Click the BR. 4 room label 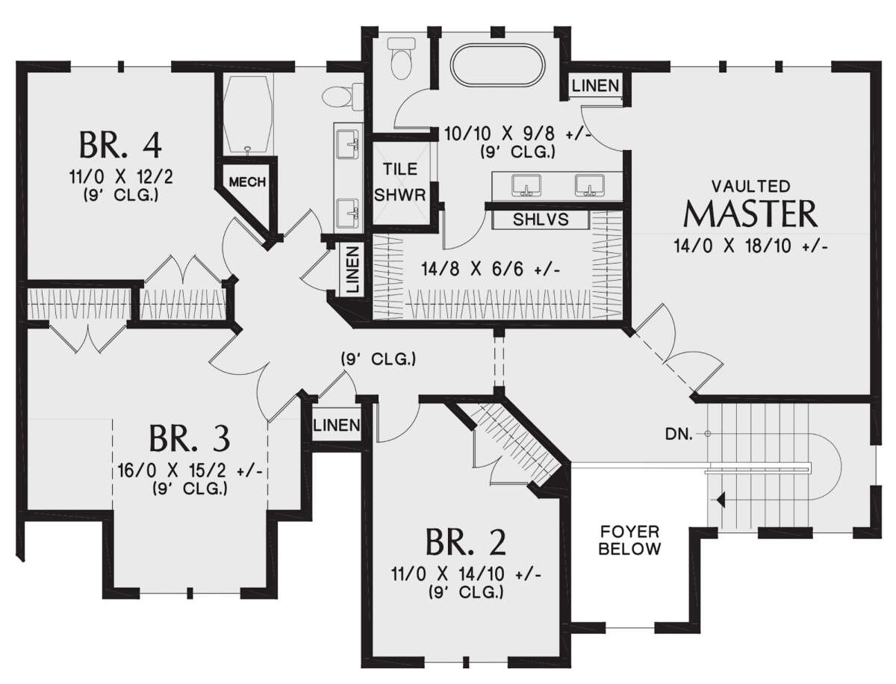pyautogui.click(x=119, y=144)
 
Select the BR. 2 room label pyautogui.click(x=465, y=543)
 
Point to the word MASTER pyautogui.click(x=750, y=214)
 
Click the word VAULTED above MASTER pyautogui.click(x=750, y=184)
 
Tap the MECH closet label pyautogui.click(x=247, y=181)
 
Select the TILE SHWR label pyautogui.click(x=399, y=182)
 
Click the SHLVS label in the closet pyautogui.click(x=541, y=220)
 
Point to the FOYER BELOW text pyautogui.click(x=631, y=541)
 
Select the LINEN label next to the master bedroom pyautogui.click(x=595, y=86)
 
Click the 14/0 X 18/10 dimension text pyautogui.click(x=750, y=246)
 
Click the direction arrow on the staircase pyautogui.click(x=720, y=500)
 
